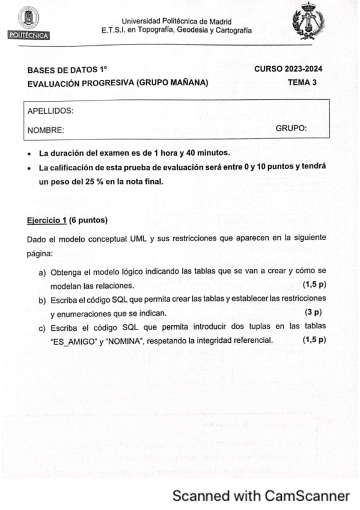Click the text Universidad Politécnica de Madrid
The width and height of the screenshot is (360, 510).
click(177, 22)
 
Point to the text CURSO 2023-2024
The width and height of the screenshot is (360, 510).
click(288, 69)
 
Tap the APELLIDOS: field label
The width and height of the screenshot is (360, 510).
click(50, 111)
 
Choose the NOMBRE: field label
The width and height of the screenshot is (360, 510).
click(46, 129)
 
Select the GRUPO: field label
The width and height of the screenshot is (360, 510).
click(291, 128)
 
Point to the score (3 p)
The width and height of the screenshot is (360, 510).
click(313, 312)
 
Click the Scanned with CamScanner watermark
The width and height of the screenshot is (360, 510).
click(261, 496)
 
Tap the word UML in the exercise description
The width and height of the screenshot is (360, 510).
click(138, 239)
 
